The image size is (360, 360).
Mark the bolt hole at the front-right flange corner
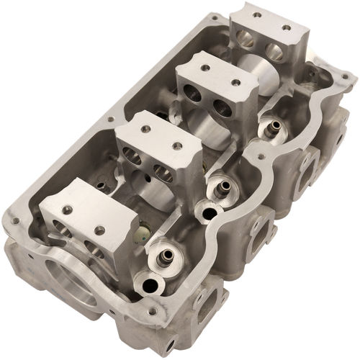152,312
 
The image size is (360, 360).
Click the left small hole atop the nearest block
67,210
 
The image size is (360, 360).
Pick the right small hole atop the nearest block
99,230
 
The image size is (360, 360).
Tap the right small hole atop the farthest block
286,28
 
